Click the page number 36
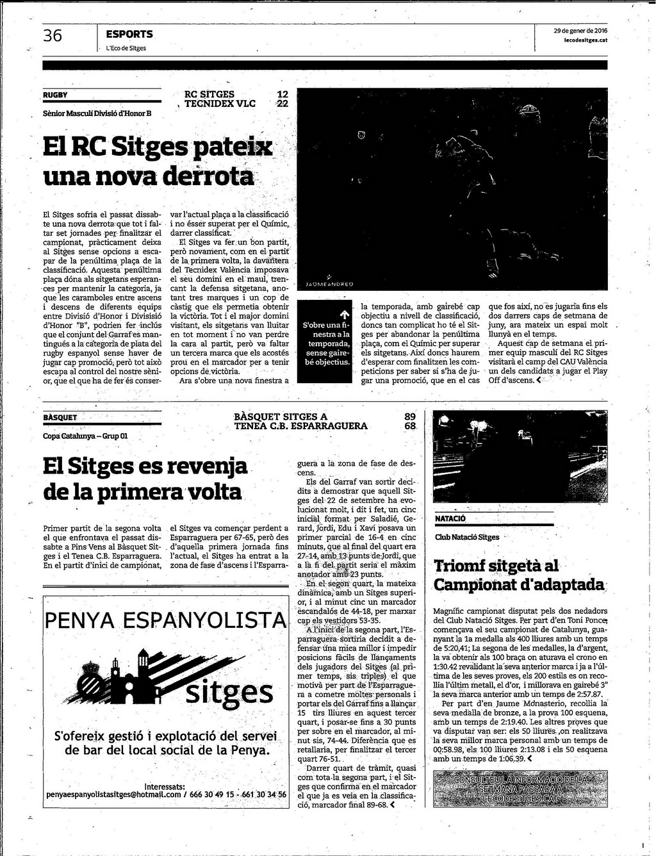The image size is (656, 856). coord(53,36)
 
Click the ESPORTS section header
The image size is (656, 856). coord(129,34)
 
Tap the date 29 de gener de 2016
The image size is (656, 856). coord(580,31)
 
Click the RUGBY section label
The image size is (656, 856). coord(55,95)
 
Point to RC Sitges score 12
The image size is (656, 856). coord(282,94)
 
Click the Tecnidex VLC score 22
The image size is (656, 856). coord(282,104)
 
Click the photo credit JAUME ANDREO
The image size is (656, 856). coord(329,283)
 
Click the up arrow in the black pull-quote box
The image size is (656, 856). coord(344,314)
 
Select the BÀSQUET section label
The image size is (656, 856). coord(60,417)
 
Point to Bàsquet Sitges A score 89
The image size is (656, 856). coord(410,416)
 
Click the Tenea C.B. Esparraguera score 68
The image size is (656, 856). coord(410,426)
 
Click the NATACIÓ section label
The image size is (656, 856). coord(450,518)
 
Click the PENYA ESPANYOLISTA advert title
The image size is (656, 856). coord(165,620)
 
